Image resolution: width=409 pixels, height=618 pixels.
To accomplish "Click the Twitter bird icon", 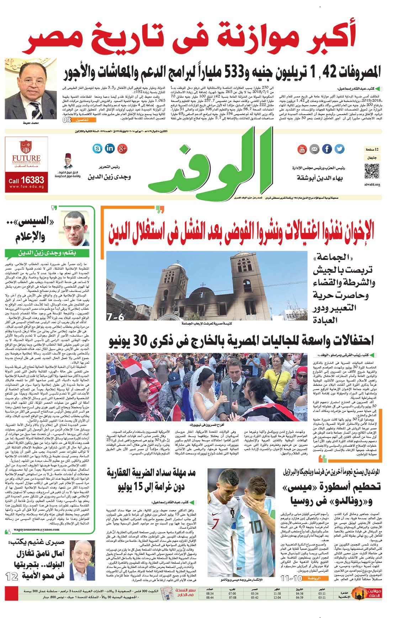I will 340,149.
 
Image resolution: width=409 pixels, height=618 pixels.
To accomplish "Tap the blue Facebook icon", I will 327,149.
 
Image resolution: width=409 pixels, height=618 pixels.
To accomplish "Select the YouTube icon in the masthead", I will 302,149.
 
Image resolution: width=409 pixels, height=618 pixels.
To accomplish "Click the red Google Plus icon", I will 122,148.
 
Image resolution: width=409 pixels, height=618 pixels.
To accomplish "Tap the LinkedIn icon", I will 110,148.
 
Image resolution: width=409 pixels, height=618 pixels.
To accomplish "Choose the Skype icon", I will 97,148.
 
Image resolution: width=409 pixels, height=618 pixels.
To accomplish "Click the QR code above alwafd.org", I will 372,172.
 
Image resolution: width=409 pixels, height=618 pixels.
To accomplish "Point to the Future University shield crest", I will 26,147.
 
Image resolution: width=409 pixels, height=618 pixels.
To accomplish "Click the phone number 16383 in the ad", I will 32,180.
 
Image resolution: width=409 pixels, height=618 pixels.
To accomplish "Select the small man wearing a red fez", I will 68,162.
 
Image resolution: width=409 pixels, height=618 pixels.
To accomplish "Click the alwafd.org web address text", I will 372,185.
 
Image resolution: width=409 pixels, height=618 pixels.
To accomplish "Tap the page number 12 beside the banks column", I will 12,576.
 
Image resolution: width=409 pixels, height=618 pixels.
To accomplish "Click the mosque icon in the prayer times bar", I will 358,593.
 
